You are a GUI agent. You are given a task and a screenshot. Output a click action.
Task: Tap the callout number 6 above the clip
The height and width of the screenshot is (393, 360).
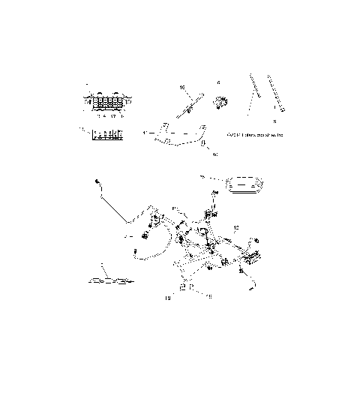coord(218,83)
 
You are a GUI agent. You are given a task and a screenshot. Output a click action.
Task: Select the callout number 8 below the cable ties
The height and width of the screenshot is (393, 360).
coord(274,121)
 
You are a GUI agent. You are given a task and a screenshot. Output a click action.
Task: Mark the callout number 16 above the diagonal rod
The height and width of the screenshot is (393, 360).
coord(182,88)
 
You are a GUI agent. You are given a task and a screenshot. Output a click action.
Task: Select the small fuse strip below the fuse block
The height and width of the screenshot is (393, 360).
coord(106,136)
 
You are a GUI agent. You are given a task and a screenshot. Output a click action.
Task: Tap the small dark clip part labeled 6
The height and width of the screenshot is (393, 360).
coord(220,101)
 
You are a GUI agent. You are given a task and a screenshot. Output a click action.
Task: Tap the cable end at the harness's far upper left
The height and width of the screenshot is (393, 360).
coord(98,182)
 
